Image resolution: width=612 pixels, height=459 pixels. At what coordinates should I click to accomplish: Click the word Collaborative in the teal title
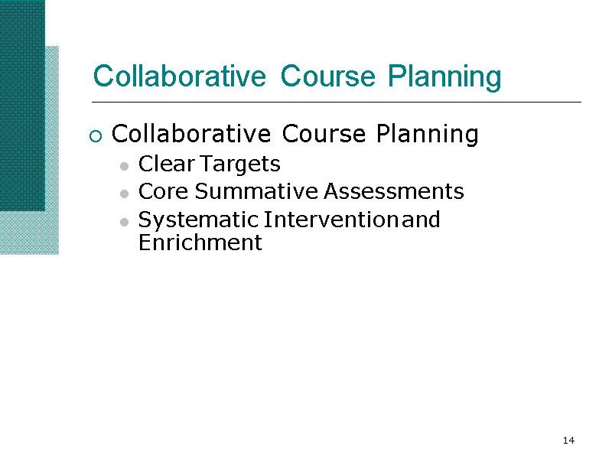coord(180,76)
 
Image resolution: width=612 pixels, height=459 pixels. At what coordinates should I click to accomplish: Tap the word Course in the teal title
coord(328,76)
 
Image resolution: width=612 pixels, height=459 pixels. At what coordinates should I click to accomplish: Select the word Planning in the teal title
coord(444,78)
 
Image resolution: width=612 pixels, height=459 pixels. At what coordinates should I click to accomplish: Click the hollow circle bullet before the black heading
coord(96,136)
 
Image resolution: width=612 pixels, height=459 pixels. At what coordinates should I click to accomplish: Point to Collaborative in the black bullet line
coord(191,134)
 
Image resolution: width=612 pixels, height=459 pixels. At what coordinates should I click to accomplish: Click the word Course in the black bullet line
coord(324,134)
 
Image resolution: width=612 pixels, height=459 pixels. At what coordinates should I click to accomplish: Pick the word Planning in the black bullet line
coord(428,135)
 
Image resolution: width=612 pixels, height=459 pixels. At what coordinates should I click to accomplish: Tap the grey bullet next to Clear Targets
coord(125,166)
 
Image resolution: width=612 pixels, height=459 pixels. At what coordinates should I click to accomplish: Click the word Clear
coord(167,164)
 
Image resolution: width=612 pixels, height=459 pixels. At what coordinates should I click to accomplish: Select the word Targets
coord(240,164)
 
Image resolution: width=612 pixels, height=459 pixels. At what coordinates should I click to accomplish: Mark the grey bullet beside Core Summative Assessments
coord(125,194)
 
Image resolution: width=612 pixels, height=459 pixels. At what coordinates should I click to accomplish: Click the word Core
coord(163,191)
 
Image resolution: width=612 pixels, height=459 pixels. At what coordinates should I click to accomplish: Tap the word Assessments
coord(394,191)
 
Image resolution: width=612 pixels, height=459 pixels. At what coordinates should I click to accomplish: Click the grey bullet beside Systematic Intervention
coord(125,222)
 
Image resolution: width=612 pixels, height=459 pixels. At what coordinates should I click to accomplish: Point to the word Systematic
coord(198,220)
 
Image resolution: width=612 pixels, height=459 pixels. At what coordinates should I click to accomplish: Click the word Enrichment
coord(200,243)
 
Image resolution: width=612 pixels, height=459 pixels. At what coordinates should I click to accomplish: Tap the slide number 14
coord(568,441)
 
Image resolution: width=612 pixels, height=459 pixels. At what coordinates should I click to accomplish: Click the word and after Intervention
coord(422,220)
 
